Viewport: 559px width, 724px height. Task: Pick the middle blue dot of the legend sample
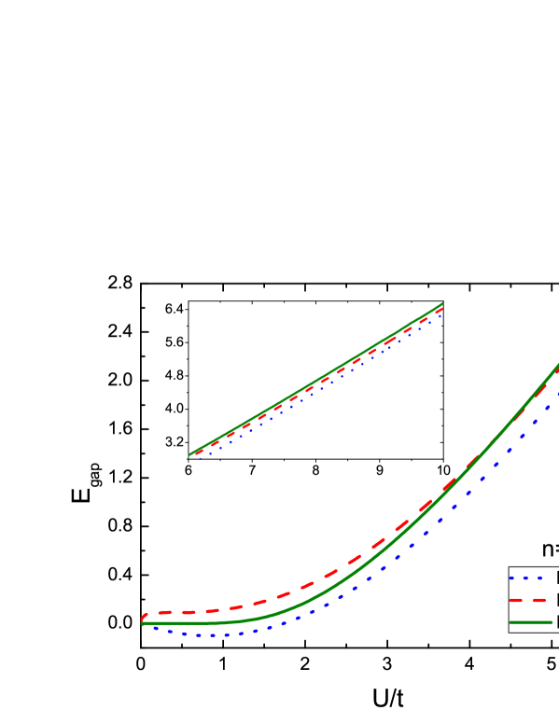[526, 578]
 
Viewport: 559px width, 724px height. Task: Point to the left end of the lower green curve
[143, 622]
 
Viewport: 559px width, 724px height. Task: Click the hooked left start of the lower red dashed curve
[143, 618]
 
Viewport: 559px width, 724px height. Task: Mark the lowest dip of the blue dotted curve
[213, 635]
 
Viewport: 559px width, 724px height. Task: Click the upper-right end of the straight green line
[442, 303]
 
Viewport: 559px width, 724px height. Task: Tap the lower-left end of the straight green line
[189, 455]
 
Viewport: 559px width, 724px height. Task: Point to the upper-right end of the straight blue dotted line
[440, 315]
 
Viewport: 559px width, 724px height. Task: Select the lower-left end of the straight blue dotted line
[199, 458]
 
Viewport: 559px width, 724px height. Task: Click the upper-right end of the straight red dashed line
[441, 309]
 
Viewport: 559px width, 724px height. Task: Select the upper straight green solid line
[317, 378]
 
